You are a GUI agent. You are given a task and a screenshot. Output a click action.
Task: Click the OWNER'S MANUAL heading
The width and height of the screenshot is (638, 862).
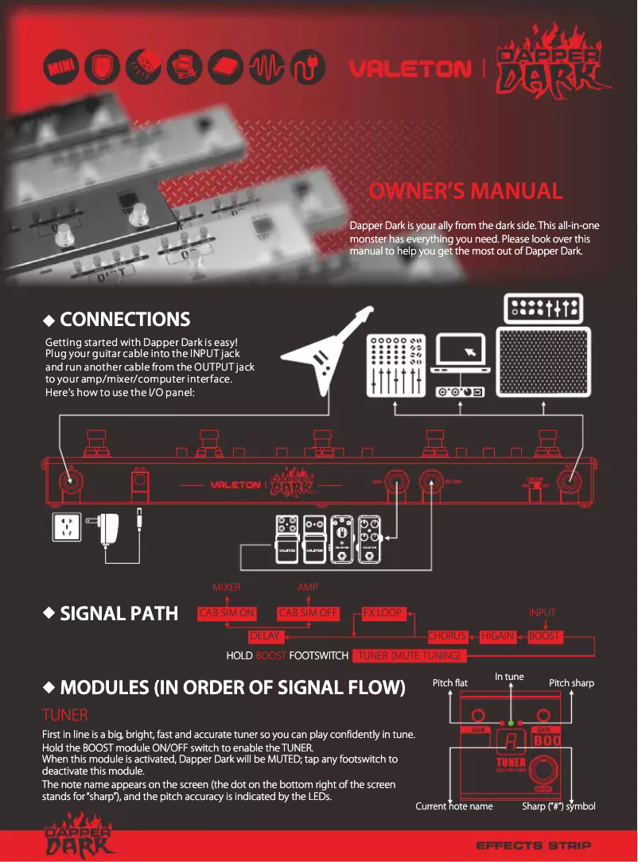[465, 191]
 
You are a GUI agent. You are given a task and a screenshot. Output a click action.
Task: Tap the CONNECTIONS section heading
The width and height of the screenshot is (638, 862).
[125, 320]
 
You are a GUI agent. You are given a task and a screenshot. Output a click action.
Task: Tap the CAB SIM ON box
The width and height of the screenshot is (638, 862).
[227, 613]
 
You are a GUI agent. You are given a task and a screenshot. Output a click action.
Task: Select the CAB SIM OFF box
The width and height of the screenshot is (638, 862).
[309, 613]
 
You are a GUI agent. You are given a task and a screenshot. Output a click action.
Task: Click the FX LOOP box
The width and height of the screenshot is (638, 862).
[383, 613]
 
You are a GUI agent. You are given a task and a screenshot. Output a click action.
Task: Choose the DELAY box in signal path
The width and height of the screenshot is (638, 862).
[265, 636]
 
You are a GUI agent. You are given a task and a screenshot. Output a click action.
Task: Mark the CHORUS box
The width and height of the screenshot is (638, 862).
[447, 636]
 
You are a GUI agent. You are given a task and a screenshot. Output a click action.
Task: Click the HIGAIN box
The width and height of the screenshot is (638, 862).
[497, 636]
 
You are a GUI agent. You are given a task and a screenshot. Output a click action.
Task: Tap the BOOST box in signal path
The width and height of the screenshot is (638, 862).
[545, 636]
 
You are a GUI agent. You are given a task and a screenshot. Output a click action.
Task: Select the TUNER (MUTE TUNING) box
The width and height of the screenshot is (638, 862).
[410, 656]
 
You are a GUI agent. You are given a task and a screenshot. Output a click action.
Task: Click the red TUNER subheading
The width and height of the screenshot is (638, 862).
[64, 715]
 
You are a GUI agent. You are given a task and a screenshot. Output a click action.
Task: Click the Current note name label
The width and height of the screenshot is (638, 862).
[454, 806]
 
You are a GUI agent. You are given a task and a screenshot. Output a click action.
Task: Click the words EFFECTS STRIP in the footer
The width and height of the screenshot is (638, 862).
[533, 845]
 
